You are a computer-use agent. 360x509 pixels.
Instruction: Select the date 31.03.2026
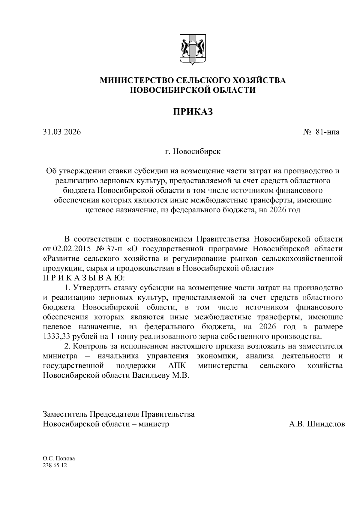(x=62, y=132)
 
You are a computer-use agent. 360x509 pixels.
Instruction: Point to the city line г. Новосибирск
(x=193, y=151)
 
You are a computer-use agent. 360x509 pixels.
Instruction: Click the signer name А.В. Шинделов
(x=317, y=424)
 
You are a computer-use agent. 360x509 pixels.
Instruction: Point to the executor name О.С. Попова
(x=59, y=459)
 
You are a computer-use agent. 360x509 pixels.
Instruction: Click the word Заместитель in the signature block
(x=65, y=414)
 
